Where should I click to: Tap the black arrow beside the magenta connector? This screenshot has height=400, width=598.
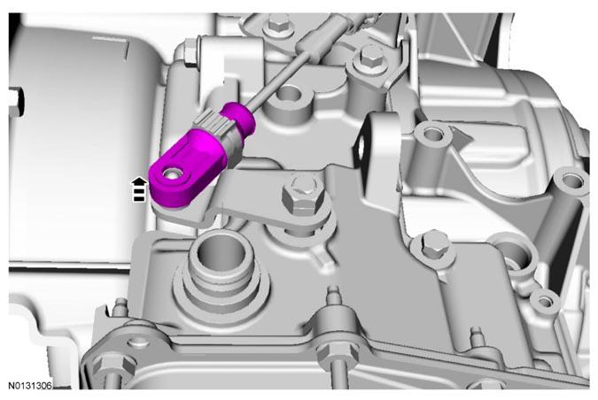point(139,189)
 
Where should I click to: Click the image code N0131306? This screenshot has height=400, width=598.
point(30,386)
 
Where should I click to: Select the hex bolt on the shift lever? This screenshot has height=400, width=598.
point(303,195)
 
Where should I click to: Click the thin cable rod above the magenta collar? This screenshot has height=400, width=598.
point(277,79)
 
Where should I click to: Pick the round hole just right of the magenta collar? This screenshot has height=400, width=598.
point(289,93)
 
